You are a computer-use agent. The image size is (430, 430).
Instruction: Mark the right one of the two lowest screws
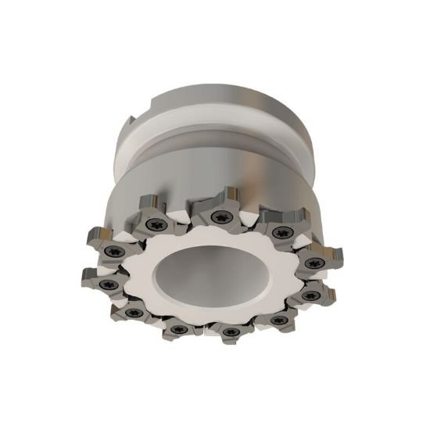[x=230, y=332]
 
